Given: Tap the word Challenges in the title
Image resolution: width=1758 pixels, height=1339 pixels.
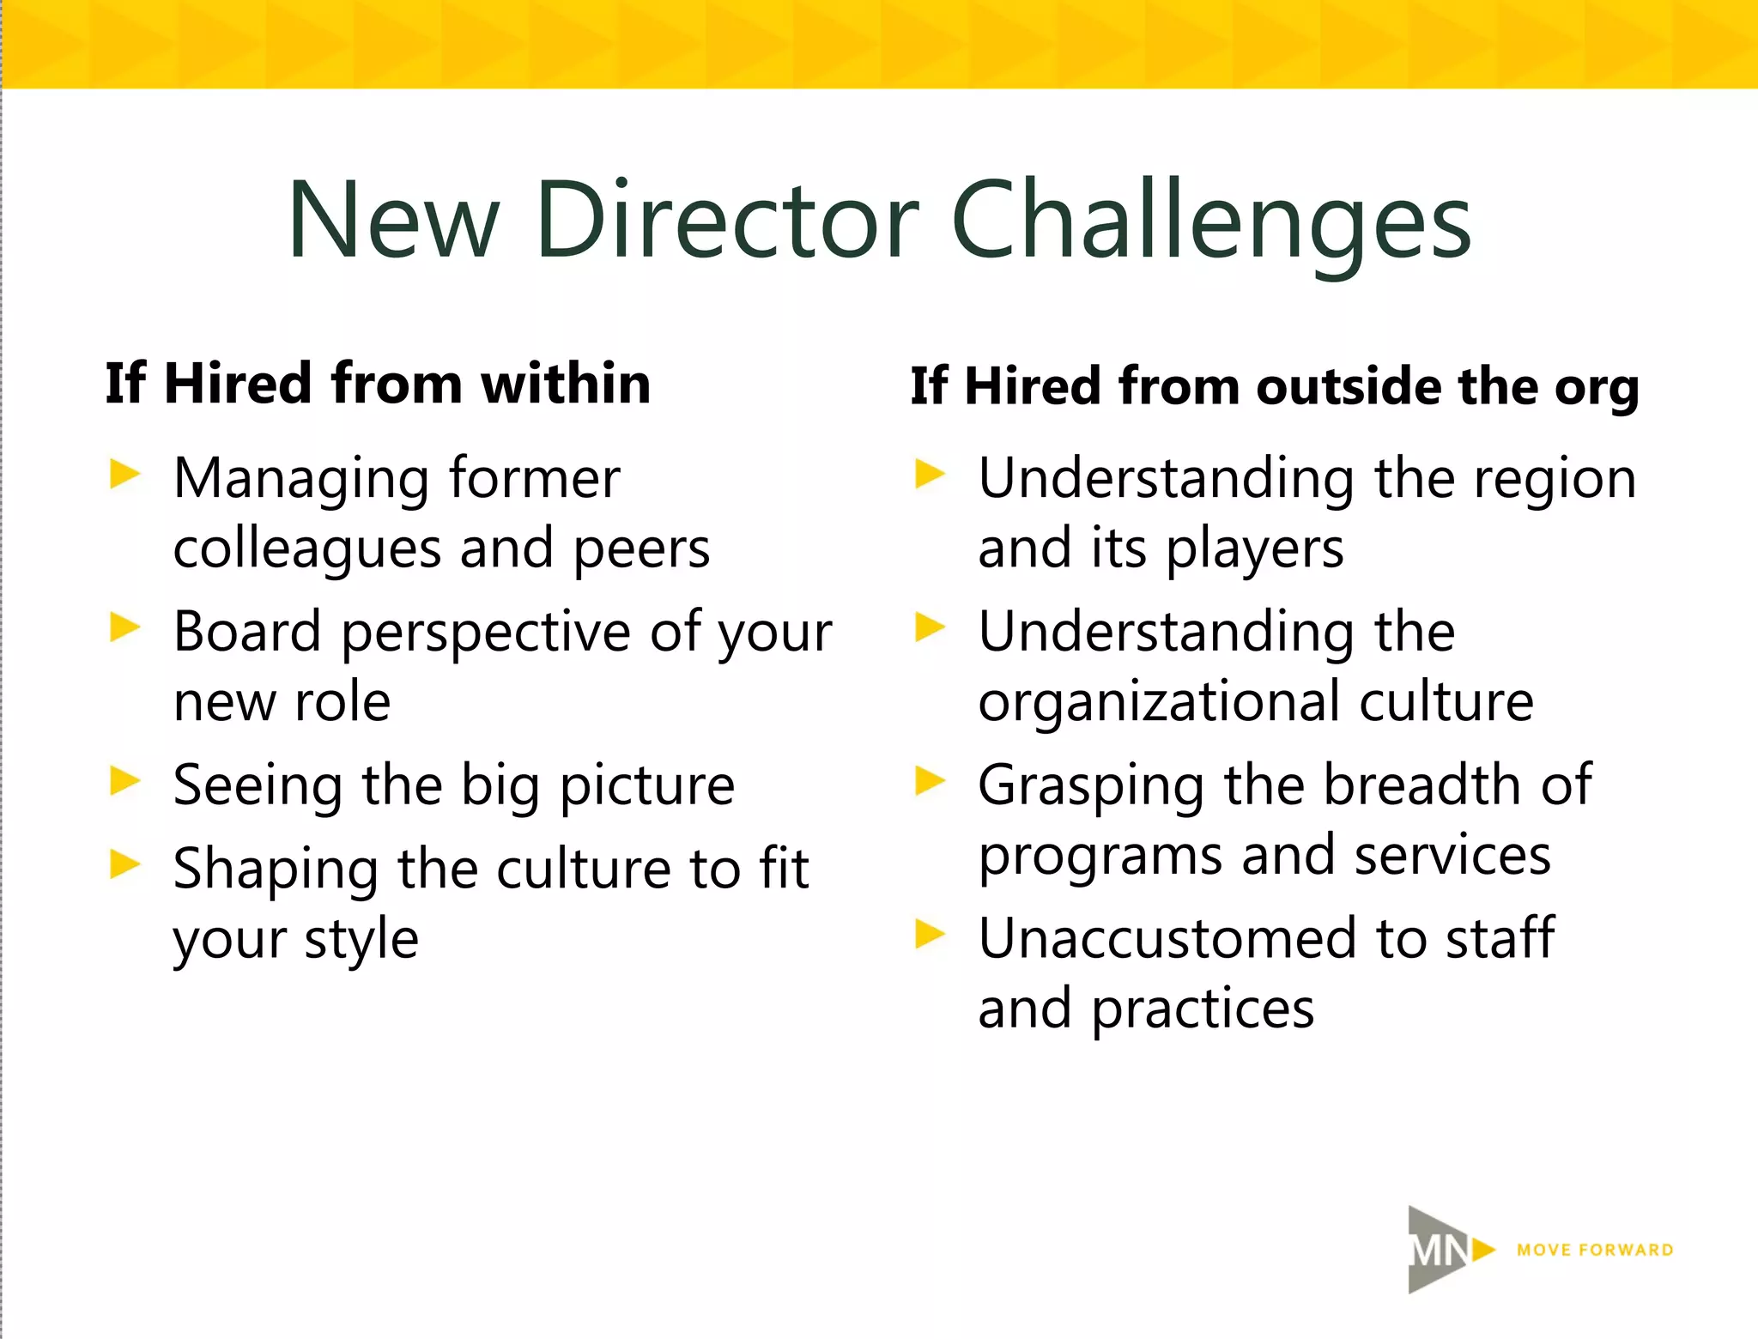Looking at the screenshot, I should [x=1211, y=221].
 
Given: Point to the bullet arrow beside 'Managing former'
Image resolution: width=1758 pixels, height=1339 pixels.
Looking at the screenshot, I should [x=124, y=474].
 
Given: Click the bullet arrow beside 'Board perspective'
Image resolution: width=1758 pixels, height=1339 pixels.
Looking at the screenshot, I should [x=124, y=627].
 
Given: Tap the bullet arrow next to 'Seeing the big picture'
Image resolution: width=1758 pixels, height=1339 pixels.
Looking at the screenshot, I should [x=124, y=780].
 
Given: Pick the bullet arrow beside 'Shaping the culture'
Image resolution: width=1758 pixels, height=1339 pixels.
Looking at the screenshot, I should [x=124, y=864].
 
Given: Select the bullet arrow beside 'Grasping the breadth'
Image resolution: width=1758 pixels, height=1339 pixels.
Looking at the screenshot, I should [x=930, y=780].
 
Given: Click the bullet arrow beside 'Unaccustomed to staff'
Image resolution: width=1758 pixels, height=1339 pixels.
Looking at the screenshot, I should [x=930, y=934].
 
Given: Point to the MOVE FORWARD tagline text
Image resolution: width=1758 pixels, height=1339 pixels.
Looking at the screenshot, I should [x=1595, y=1251].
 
